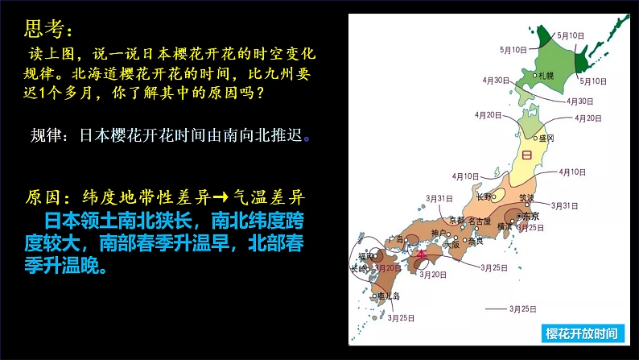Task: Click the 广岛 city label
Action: (395, 239)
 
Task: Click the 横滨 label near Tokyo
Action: (505, 228)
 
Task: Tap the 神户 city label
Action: (438, 234)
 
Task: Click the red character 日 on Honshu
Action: (527, 155)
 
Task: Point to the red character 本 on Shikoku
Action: (420, 254)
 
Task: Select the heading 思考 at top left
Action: (47, 30)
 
